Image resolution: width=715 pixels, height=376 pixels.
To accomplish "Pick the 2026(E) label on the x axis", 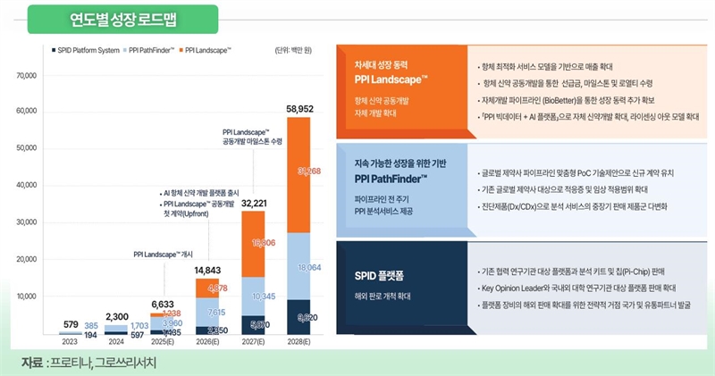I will (x=207, y=341).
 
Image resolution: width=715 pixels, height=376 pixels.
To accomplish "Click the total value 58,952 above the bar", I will (x=299, y=109).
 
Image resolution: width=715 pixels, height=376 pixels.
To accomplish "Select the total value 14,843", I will (x=207, y=271).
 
